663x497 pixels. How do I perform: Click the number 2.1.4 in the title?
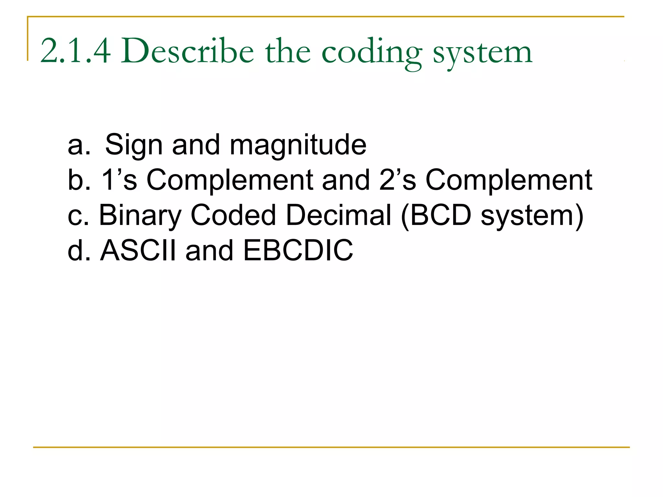(75, 51)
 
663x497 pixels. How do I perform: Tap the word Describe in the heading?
(187, 51)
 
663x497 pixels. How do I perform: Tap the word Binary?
(140, 216)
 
